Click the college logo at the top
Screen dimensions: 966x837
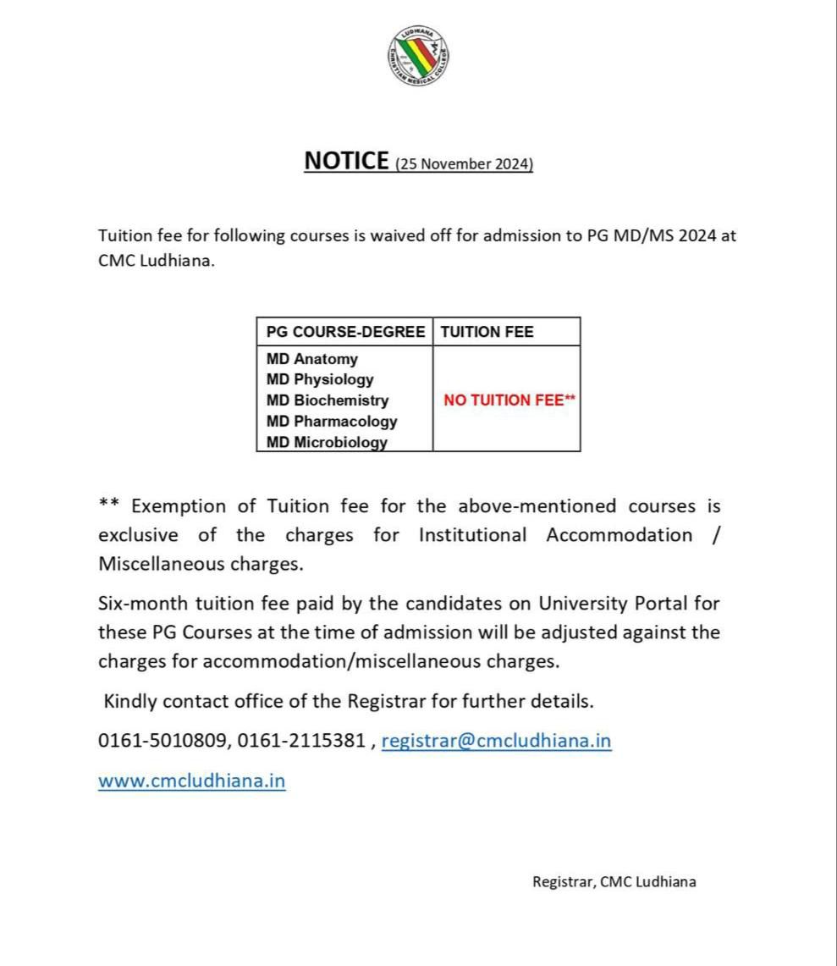(418, 57)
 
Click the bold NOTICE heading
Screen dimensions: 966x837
(346, 161)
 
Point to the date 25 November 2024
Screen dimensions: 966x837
(465, 164)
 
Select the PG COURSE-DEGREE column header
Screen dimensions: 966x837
(345, 332)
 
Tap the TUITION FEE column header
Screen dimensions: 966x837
(487, 332)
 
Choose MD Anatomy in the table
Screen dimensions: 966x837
(312, 359)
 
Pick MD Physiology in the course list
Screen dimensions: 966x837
(320, 379)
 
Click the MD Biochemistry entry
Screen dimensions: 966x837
(328, 400)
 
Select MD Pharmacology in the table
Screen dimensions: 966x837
(332, 421)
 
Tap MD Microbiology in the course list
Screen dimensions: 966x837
(327, 442)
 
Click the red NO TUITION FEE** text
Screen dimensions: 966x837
(509, 400)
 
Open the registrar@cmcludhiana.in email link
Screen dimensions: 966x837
(496, 741)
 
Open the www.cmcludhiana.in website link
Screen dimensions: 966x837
(192, 781)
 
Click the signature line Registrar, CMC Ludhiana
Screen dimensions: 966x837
(614, 881)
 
